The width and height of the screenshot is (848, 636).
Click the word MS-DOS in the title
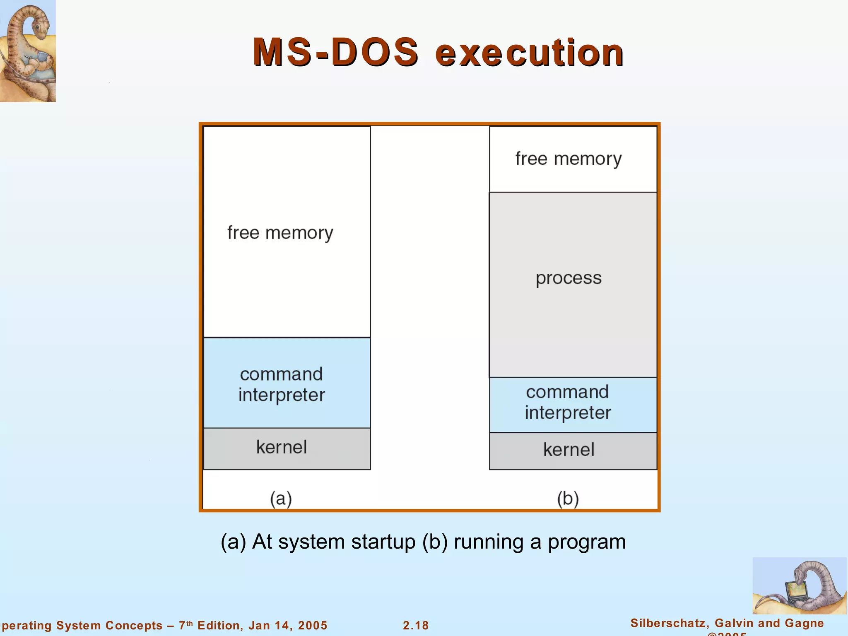335,53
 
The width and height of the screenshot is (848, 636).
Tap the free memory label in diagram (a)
280,233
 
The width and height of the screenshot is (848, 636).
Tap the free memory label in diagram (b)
568,159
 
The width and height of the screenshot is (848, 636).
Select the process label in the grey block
569,278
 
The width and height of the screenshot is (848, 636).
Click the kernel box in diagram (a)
287,448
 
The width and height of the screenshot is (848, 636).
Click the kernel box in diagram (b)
573,451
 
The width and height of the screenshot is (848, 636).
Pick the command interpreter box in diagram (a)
287,383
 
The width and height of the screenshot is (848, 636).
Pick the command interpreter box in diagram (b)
573,405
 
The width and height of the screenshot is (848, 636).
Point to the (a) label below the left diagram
281,499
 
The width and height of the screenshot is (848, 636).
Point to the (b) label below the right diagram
568,499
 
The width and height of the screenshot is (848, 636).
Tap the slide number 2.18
416,625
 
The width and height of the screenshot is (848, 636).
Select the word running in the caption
489,542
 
